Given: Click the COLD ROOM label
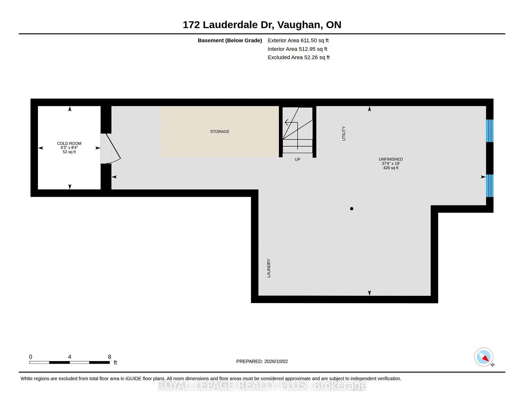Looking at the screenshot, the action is coord(69,143).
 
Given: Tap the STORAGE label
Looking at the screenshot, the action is coord(220,132).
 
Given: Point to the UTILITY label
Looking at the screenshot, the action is coord(344,133).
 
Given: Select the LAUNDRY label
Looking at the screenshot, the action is coord(269,268).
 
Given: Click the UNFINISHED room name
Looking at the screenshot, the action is coord(391,159).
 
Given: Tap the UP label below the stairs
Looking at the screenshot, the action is coord(297,159).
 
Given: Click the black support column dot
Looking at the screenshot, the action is coord(352,209).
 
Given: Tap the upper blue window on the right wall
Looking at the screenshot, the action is coord(490,131).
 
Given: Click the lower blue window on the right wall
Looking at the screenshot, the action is coord(490,186).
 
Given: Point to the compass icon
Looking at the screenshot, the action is coord(484,357).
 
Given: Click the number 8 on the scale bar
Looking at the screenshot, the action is coord(109,357).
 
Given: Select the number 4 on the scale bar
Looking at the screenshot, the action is coord(70,357).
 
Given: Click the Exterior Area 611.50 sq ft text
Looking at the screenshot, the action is coord(298,40).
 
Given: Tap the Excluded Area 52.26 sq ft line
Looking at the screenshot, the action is coord(299,57).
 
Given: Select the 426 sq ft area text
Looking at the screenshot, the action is coord(391,168).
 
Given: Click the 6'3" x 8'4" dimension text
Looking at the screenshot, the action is coord(69,148).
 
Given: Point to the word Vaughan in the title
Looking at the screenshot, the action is coord(299,25).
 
